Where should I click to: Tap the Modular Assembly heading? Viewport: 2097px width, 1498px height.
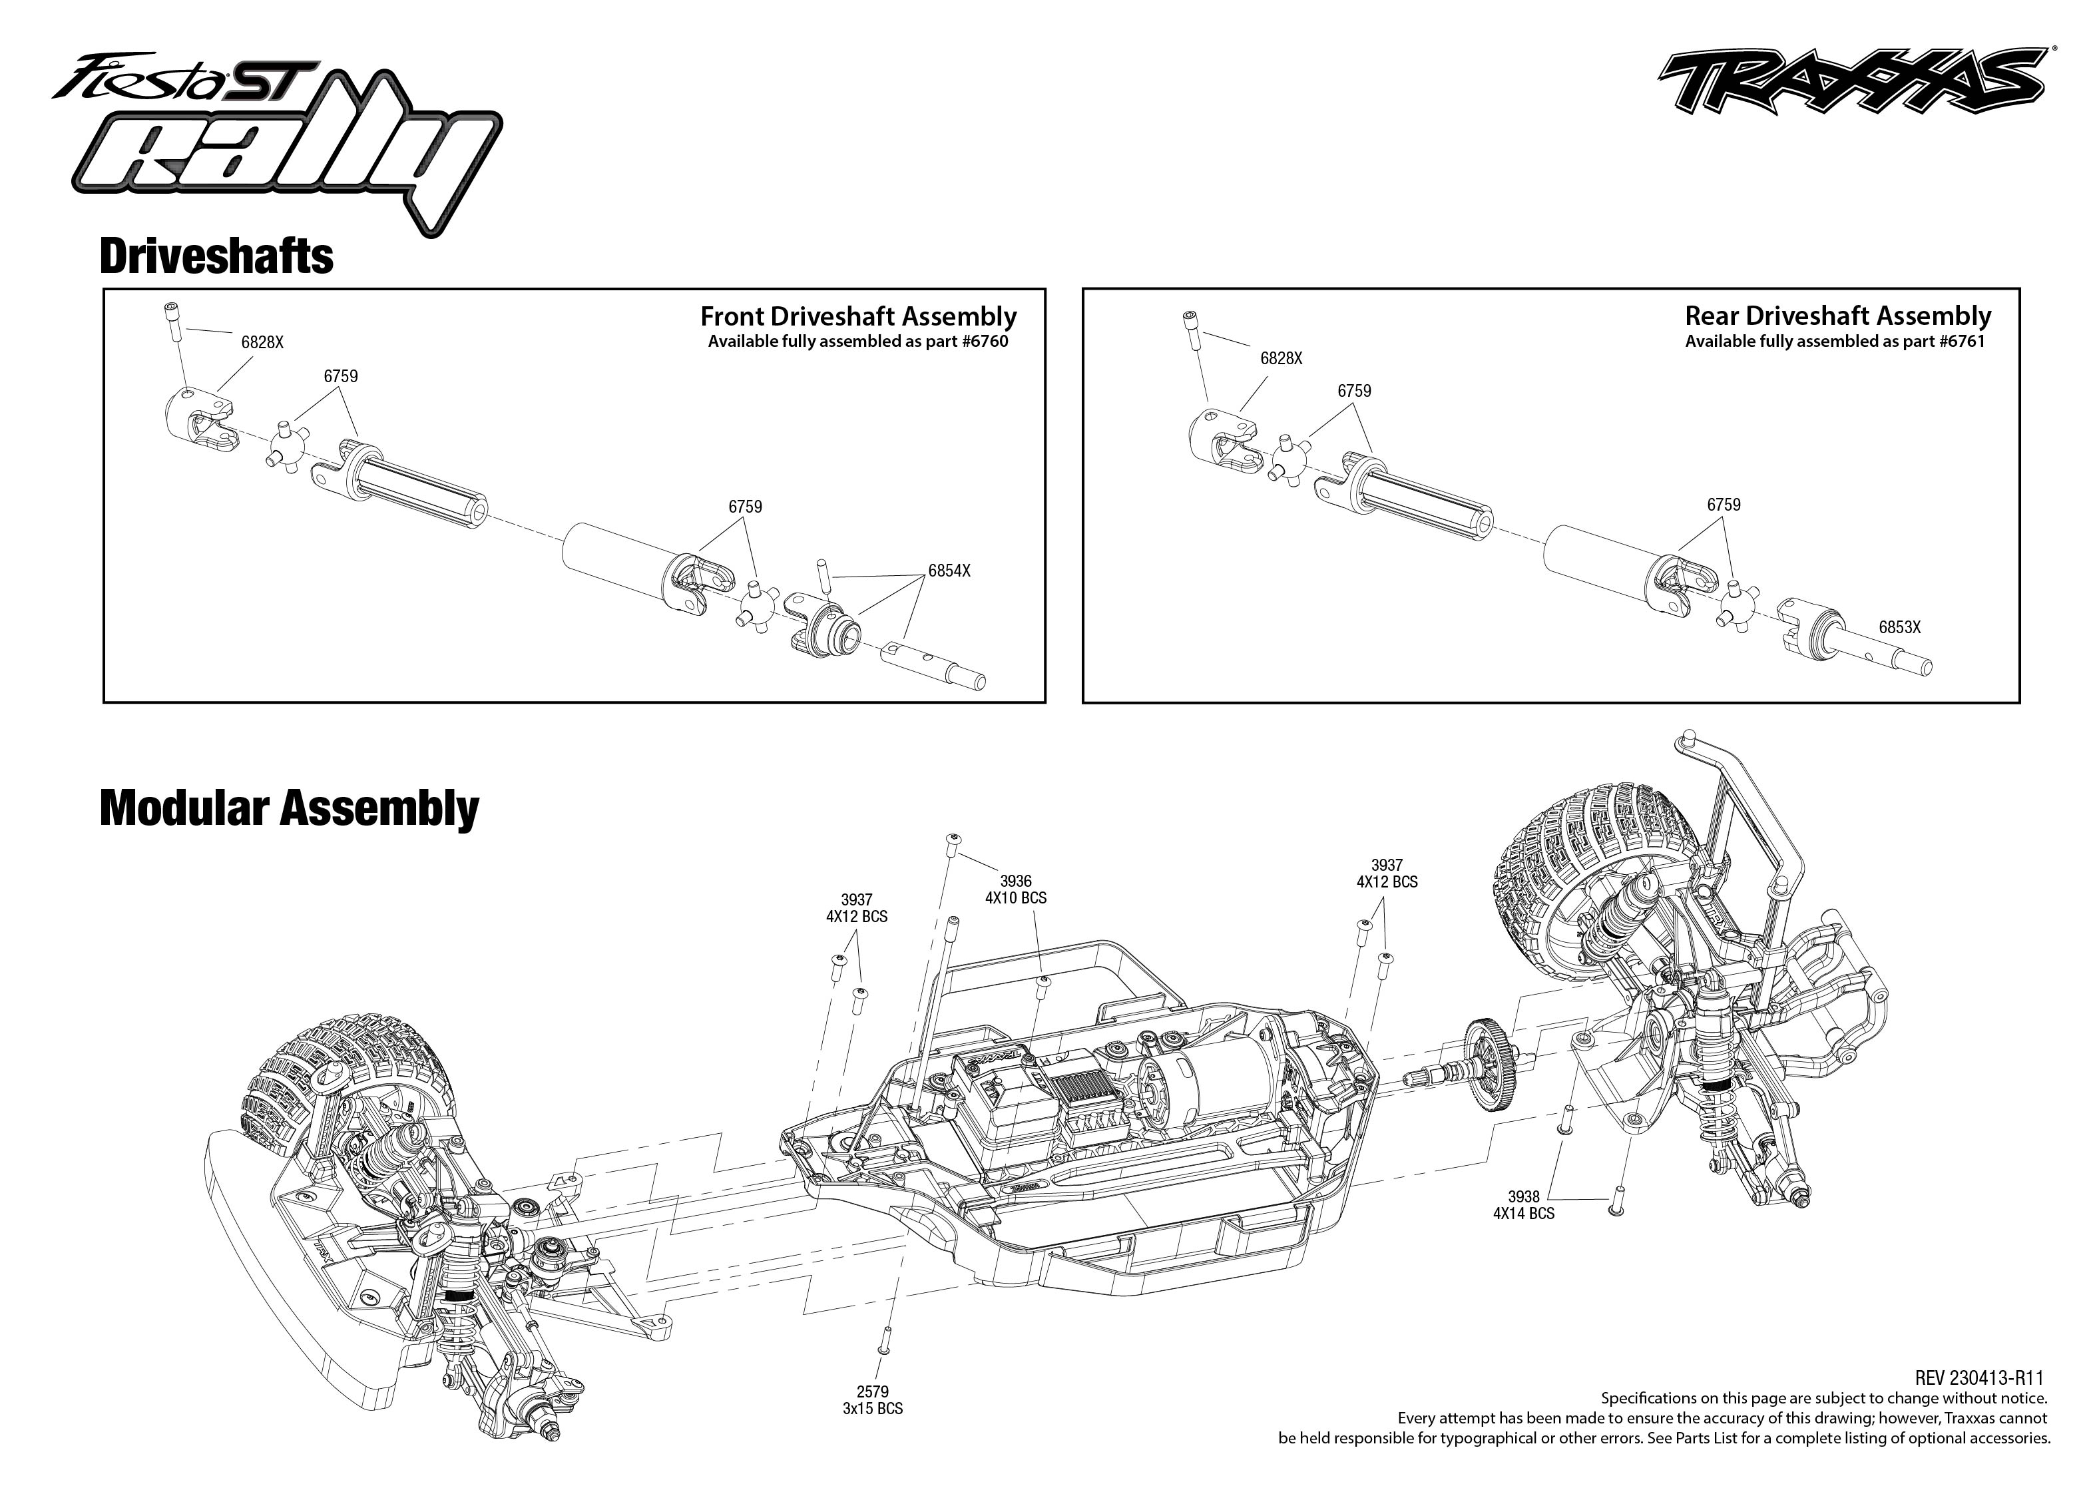point(289,808)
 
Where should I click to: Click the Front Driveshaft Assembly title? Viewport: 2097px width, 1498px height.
point(857,316)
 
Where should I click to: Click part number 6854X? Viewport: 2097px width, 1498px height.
point(948,571)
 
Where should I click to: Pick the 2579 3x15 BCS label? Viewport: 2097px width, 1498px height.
point(871,1400)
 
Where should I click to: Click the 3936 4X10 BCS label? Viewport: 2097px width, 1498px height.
point(1015,889)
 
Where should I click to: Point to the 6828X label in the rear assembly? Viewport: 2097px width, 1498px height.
point(1280,359)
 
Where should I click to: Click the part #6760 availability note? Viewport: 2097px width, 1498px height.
point(857,342)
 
